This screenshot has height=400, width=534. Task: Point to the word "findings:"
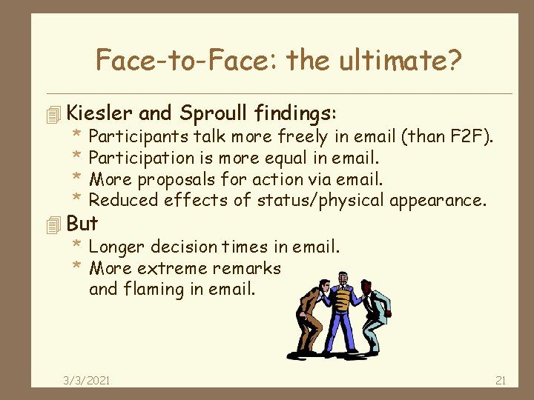pos(295,113)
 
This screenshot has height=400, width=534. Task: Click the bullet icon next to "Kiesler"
pos(51,114)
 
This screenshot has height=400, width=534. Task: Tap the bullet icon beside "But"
pos(51,224)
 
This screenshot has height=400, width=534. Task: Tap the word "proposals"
pos(175,179)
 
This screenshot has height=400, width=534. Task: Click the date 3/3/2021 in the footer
pos(87,380)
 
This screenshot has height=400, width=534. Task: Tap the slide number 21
pos(500,380)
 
